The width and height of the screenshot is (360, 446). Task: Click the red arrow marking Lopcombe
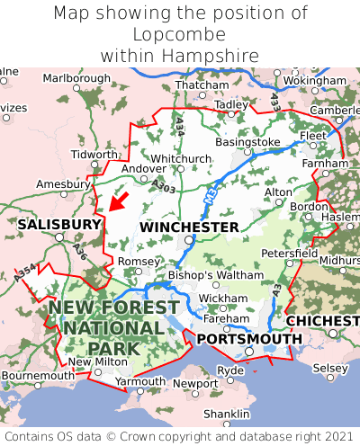click(x=119, y=200)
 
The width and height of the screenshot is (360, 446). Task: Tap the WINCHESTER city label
click(x=189, y=227)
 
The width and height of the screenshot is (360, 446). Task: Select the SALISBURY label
click(x=59, y=224)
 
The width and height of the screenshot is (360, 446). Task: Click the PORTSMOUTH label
click(x=249, y=338)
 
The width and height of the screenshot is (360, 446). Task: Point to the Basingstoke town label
click(x=248, y=142)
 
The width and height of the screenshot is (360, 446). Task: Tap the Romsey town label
click(x=138, y=261)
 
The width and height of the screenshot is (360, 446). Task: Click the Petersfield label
click(x=289, y=254)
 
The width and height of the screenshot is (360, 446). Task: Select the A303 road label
click(x=164, y=186)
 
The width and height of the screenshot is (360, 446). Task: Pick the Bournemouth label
click(x=39, y=375)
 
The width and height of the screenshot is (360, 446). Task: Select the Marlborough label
click(x=76, y=78)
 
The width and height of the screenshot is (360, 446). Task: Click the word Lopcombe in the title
click(x=180, y=34)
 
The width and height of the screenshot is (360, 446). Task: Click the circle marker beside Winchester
click(x=188, y=241)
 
